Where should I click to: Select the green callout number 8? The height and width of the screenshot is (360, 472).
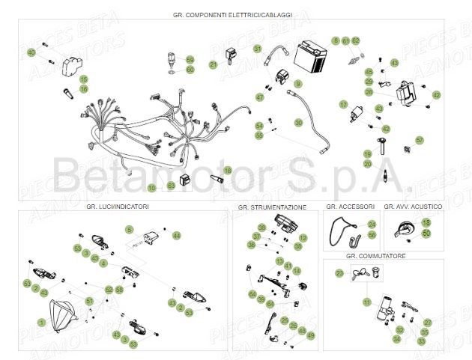pyautogui.click(x=336, y=40)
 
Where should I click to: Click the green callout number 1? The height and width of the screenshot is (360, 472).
pyautogui.click(x=42, y=322)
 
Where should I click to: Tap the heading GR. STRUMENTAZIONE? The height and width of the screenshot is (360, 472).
pyautogui.click(x=273, y=206)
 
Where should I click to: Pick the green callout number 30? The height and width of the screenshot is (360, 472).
pyautogui.click(x=298, y=122)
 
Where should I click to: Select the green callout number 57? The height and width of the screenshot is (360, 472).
pyautogui.click(x=420, y=140)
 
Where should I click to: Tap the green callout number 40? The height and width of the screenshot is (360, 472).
pyautogui.click(x=31, y=52)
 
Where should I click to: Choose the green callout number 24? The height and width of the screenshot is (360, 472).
pyautogui.click(x=372, y=224)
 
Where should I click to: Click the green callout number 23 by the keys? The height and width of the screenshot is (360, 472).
pyautogui.click(x=339, y=275)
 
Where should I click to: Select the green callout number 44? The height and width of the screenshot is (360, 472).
pyautogui.click(x=177, y=236)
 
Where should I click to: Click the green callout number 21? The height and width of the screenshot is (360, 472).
pyautogui.click(x=214, y=65)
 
